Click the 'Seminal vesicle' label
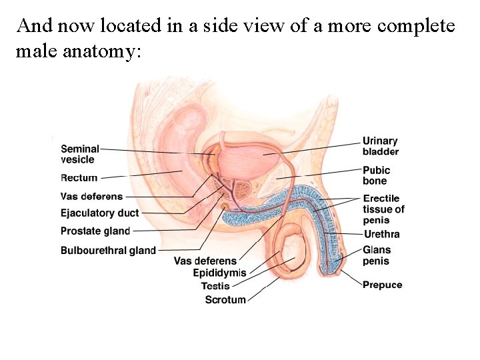pyautogui.click(x=79, y=154)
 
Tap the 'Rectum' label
pyautogui.click(x=79, y=178)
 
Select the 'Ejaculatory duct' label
pyautogui.click(x=99, y=213)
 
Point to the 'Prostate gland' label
pyautogui.click(x=95, y=231)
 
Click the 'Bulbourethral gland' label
pyautogui.click(x=108, y=251)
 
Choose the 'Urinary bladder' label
pyautogui.click(x=381, y=146)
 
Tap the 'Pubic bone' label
pyautogui.click(x=377, y=175)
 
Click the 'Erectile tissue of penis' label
pyautogui.click(x=383, y=209)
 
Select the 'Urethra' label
pyautogui.click(x=381, y=234)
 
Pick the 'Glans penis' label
pyautogui.click(x=377, y=255)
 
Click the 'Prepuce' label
pyautogui.click(x=383, y=285)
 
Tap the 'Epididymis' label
pyautogui.click(x=219, y=273)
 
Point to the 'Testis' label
pyautogui.click(x=215, y=287)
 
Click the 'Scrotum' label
pyautogui.click(x=225, y=300)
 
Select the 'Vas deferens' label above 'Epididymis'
pyautogui.click(x=205, y=261)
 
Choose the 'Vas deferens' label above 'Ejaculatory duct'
pyautogui.click(x=91, y=196)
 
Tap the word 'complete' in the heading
pyautogui.click(x=416, y=27)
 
